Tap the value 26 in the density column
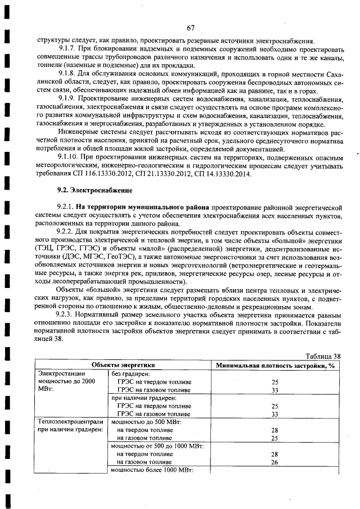point(275,462)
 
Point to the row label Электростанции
point(61,372)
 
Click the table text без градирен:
point(129,372)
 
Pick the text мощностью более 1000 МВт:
point(152,470)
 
